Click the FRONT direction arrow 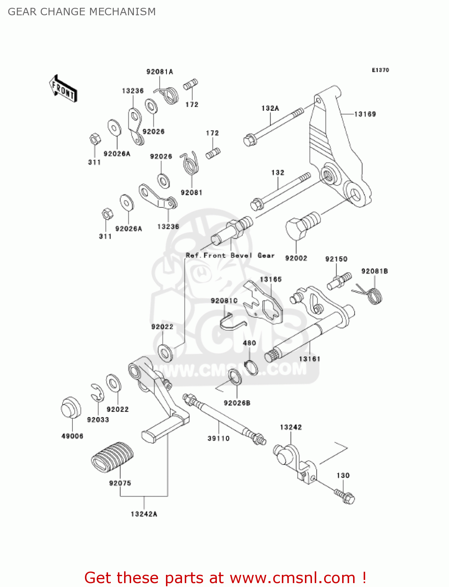[63, 88]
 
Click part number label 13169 [365, 114]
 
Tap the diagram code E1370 [380, 70]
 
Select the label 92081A [160, 72]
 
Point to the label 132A [270, 108]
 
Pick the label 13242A [144, 514]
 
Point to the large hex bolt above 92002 [303, 225]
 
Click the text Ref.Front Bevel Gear [230, 256]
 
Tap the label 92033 [98, 420]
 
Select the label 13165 [270, 279]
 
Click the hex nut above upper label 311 [95, 139]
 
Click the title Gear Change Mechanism [82, 12]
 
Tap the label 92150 [336, 259]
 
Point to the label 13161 [309, 359]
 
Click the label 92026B [237, 403]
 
